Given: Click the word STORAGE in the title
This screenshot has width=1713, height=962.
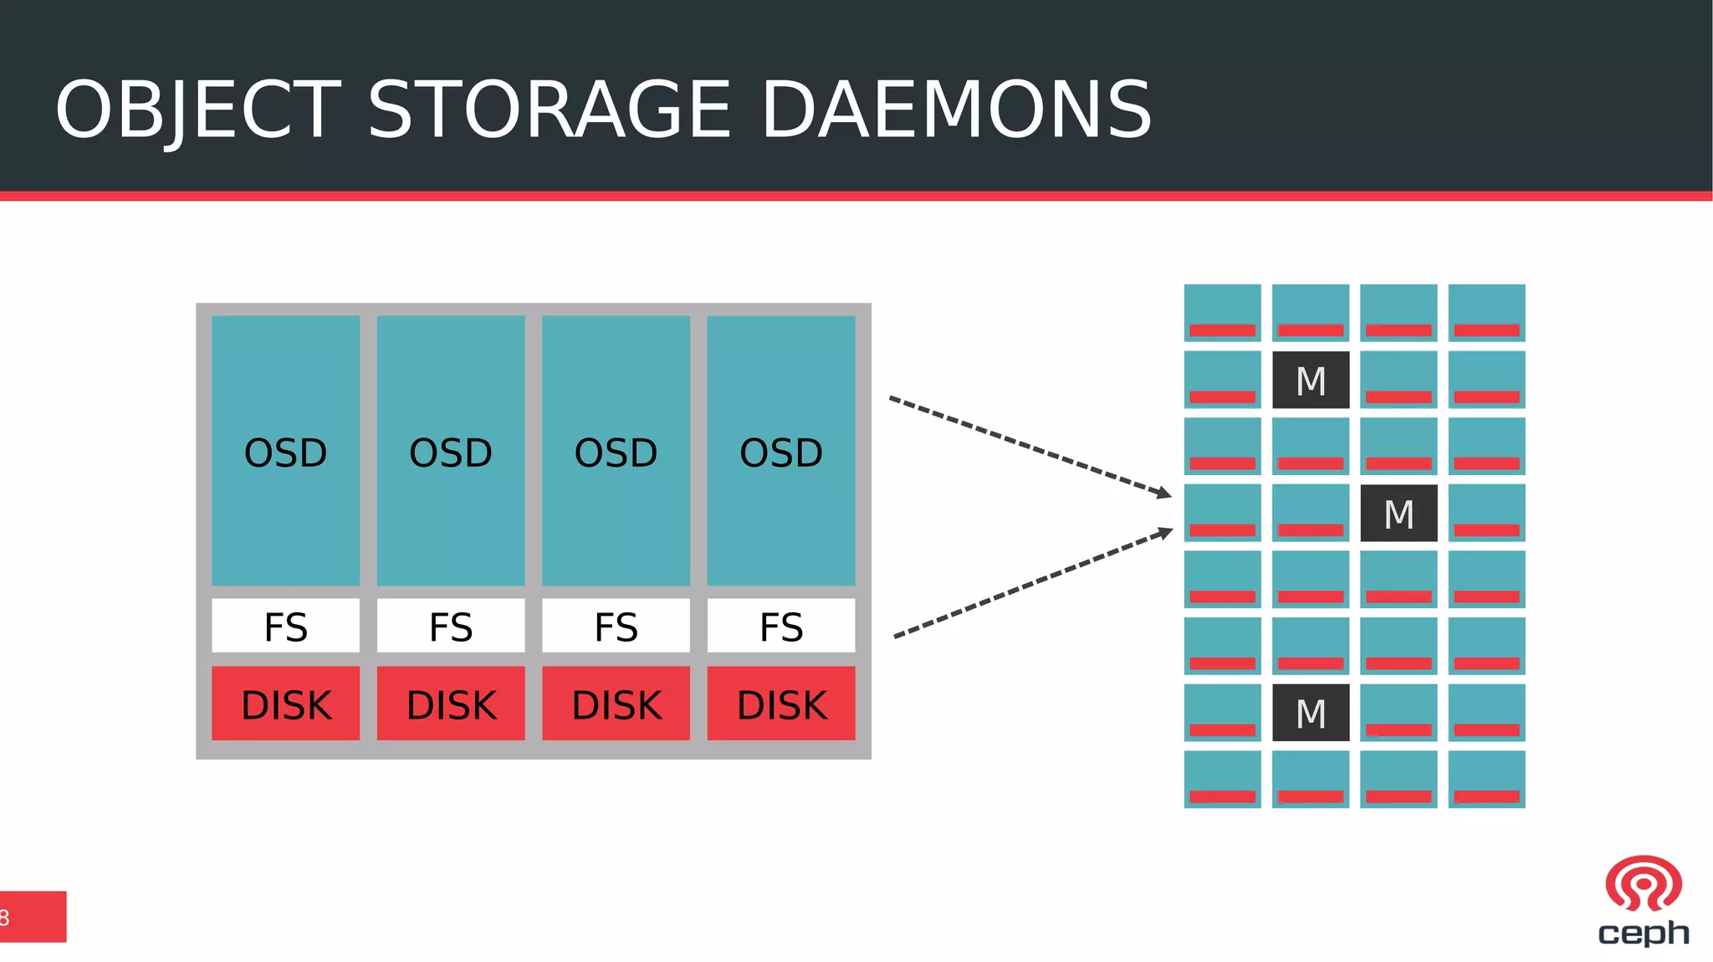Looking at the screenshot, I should (549, 110).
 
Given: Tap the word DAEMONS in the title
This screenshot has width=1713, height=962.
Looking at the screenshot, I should (956, 110).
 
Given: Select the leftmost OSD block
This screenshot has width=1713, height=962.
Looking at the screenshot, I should (285, 451).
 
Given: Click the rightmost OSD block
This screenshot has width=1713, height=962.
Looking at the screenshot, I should (780, 451).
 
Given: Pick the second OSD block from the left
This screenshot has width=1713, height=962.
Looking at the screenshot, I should (451, 451).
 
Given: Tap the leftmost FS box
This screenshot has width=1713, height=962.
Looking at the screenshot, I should (285, 626).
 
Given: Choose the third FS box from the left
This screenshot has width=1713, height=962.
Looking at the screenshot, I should (616, 626).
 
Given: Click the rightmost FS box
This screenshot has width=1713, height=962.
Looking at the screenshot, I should (780, 626).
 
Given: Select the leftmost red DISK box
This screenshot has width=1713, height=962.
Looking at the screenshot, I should (285, 704).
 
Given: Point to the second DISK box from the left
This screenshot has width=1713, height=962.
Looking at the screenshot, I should (451, 704).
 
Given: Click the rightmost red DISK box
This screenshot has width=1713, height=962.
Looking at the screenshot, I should (780, 704).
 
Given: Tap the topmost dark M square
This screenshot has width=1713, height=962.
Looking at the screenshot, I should (1310, 381).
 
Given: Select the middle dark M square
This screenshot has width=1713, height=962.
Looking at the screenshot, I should (1399, 513).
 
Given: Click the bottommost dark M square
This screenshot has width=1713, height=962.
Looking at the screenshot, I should (1310, 713).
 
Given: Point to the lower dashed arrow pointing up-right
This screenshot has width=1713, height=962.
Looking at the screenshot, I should (1034, 583).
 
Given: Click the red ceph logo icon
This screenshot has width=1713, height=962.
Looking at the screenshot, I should (1643, 883).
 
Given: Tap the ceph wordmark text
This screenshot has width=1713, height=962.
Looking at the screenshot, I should (1643, 932).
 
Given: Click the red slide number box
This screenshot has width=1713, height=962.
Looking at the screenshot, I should (33, 917).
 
